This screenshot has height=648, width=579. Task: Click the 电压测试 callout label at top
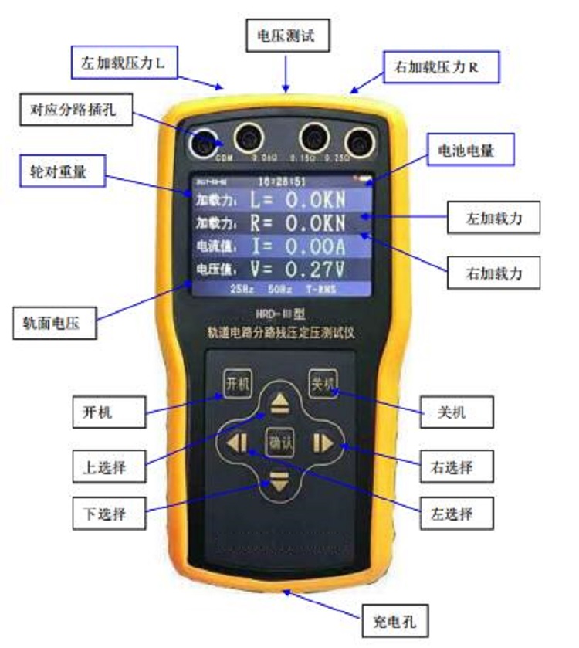click(286, 35)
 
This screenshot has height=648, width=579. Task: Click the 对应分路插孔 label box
click(76, 112)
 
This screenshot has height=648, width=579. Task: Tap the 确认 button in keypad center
click(279, 443)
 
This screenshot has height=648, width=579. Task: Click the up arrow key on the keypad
click(279, 402)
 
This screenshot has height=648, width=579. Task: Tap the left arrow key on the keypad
click(236, 443)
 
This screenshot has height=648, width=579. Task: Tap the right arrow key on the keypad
click(321, 443)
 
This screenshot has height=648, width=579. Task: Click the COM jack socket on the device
click(205, 141)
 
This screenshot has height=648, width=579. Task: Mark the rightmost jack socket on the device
click(358, 140)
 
